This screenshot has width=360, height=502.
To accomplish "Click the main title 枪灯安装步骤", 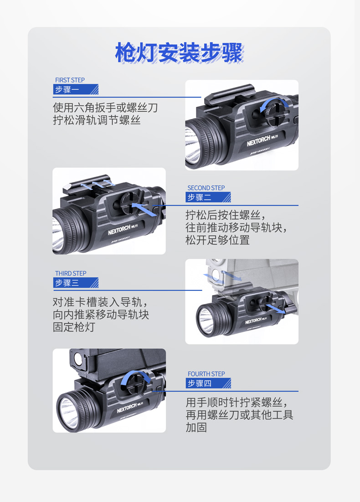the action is (179, 52).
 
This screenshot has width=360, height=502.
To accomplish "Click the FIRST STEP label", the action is (70, 80).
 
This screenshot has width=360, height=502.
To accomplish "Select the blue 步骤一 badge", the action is (76, 89).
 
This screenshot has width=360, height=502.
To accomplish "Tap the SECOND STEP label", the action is (206, 188).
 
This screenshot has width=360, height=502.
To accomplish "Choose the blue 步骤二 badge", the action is (208, 197).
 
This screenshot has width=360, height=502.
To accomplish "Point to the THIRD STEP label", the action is (71, 274).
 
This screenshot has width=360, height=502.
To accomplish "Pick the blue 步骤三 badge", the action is (76, 283).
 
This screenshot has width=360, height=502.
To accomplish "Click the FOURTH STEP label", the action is (206, 374).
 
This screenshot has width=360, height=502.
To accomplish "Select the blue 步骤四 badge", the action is (208, 383).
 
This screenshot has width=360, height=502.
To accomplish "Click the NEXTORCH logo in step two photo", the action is (119, 230).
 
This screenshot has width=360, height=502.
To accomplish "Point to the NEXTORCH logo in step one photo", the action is (258, 140).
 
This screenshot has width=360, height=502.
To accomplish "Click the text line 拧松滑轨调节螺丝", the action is (97, 120).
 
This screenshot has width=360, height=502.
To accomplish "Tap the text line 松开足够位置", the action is (218, 240).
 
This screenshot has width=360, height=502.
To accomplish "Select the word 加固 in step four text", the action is (196, 427).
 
